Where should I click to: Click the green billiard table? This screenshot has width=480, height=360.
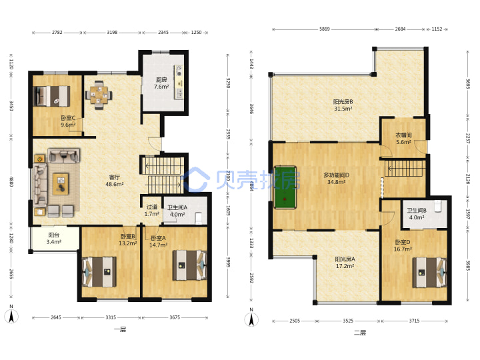(x=285, y=187)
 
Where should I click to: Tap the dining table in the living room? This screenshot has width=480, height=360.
(x=99, y=95)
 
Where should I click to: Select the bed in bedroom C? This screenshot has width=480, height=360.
(x=52, y=96)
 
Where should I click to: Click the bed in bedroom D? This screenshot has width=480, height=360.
(x=429, y=273)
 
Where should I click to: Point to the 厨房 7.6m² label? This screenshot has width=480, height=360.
(x=161, y=83)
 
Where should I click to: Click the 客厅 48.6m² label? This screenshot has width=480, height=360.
(x=115, y=181)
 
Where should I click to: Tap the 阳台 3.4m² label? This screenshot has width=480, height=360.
(x=54, y=239)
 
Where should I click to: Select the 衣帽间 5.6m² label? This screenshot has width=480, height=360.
(x=403, y=139)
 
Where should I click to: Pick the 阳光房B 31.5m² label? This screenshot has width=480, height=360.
(x=343, y=105)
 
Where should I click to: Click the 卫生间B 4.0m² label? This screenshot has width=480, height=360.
(x=417, y=214)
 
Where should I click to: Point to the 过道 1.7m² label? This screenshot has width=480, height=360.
(x=152, y=210)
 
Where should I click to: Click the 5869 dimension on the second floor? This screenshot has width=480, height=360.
(x=325, y=29)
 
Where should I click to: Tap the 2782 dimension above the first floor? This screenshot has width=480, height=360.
(x=57, y=32)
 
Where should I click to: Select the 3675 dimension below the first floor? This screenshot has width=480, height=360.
(x=175, y=317)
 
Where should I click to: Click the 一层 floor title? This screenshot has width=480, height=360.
(x=120, y=329)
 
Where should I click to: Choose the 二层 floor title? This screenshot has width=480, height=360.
(x=360, y=333)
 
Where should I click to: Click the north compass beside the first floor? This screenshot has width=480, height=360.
(x=11, y=315)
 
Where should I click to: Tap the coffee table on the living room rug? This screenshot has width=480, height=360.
(x=61, y=184)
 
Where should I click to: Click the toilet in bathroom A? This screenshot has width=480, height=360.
(x=199, y=218)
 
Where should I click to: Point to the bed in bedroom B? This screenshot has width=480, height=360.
(x=99, y=272)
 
